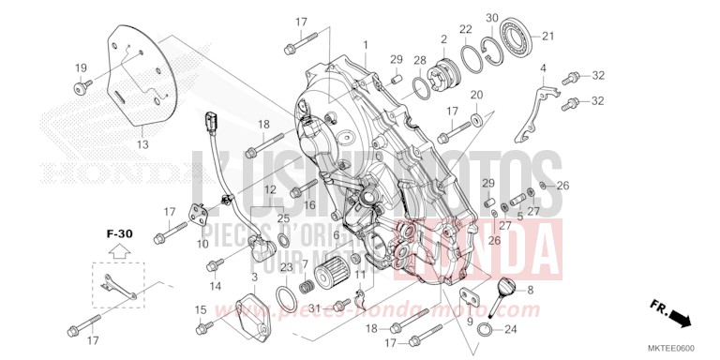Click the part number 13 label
point(142,145)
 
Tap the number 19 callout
point(81,67)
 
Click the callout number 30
point(492,19)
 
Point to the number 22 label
point(466,29)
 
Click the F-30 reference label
point(118,229)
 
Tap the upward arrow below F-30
point(118,249)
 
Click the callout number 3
point(255,278)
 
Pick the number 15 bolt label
point(200,310)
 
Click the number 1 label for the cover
point(366,45)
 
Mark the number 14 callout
point(216,286)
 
